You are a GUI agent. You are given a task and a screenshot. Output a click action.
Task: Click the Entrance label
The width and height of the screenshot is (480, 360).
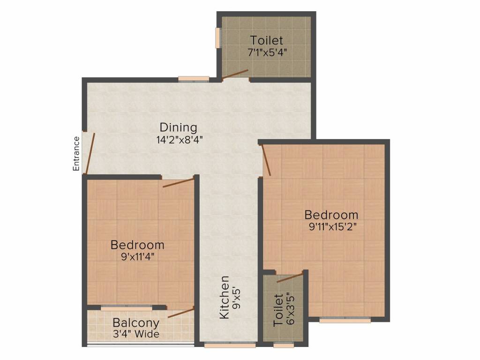click(76, 153)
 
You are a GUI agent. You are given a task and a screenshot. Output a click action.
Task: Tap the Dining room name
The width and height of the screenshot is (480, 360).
click(178, 127)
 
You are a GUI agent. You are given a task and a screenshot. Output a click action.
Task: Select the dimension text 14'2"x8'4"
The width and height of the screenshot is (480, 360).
click(180, 139)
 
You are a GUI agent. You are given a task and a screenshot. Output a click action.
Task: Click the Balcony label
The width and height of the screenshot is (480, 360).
click(136, 323)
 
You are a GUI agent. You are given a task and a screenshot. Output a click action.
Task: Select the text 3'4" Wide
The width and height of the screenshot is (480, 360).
click(136, 334)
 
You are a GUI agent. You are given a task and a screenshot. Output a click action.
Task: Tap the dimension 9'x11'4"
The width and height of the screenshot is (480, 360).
click(137, 256)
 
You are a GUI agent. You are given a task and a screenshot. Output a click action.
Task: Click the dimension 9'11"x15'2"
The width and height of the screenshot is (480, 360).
click(331, 226)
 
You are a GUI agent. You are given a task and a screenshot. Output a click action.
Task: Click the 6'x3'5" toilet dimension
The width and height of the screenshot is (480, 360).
click(290, 310)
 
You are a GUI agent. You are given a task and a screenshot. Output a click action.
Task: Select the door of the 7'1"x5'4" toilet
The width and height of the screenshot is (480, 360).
click(235, 75)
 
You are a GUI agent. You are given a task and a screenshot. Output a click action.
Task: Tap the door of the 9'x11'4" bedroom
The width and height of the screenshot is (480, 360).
click(179, 182)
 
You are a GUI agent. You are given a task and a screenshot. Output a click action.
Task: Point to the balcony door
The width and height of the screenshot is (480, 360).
click(181, 313)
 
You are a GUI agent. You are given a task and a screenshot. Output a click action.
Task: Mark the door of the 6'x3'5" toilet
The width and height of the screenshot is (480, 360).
click(290, 278)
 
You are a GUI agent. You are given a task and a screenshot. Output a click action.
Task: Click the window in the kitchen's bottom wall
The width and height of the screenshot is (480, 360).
click(230, 345)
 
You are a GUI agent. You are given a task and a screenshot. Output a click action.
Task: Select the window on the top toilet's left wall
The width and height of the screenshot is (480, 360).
click(218, 37)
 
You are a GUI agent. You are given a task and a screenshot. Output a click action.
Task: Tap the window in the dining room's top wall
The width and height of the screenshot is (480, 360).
click(193, 79)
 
